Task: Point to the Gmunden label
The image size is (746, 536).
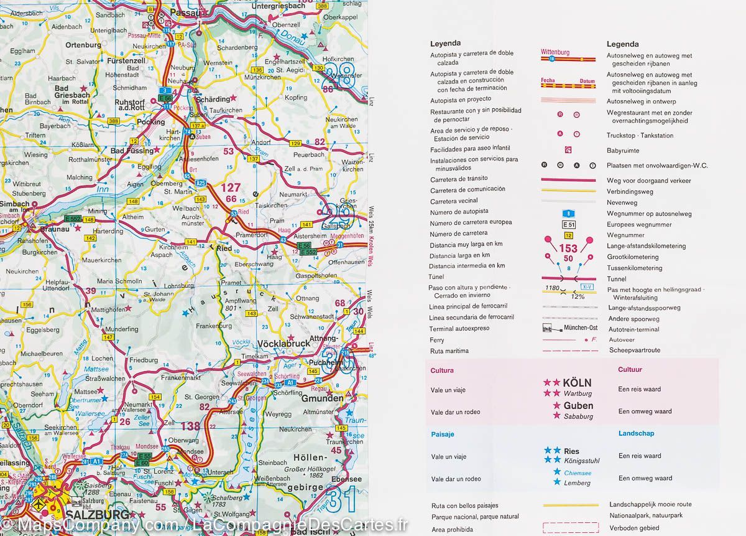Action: [x=322, y=398]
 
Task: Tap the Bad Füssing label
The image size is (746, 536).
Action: [x=132, y=151]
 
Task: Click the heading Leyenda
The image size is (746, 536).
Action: [x=445, y=44]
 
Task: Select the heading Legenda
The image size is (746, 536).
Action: [x=622, y=44]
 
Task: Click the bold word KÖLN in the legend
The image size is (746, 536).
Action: [x=577, y=383]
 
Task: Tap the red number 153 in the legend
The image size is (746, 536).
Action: [x=568, y=248]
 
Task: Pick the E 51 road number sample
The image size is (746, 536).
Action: [x=569, y=224]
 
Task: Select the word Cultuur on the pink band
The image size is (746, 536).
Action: [x=630, y=370]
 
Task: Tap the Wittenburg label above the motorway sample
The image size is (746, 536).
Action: [x=555, y=52]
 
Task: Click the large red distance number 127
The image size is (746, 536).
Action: [x=231, y=187]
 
